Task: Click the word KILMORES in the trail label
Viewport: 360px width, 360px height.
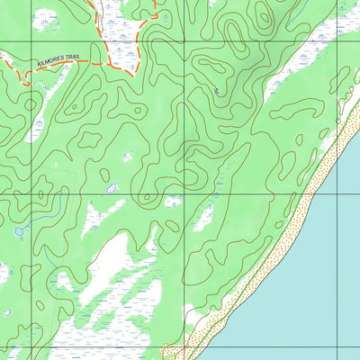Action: (52, 60)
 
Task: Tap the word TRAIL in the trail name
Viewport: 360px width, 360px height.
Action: (74, 57)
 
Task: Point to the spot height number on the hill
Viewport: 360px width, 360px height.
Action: (217, 90)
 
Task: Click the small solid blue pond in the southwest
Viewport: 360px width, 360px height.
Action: (19, 232)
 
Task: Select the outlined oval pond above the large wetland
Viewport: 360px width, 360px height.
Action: (111, 188)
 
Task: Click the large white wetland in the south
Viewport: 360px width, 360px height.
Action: (126, 270)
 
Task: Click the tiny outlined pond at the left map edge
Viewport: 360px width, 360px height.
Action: (7, 312)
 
